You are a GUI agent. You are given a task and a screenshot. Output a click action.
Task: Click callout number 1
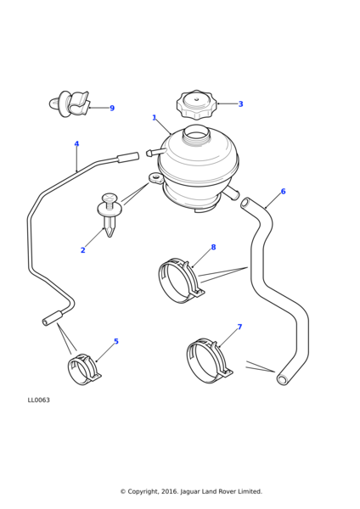pos(154,118)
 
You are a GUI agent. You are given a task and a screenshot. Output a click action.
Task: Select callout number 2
pos(82,250)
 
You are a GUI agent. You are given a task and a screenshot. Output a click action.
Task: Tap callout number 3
pos(240,104)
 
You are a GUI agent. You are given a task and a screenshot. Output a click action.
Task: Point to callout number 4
pos(76,144)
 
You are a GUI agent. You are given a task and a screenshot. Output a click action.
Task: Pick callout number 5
pos(116,342)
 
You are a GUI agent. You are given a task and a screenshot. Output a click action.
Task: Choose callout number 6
pos(283,192)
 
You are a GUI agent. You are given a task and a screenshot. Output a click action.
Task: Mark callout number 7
pos(239,327)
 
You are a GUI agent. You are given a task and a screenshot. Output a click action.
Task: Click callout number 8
pos(213,248)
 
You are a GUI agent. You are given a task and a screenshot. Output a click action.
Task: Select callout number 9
pos(112,109)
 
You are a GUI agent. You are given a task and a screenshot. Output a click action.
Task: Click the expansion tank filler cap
pos(196,103)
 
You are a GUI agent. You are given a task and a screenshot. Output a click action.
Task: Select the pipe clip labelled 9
pos(70,104)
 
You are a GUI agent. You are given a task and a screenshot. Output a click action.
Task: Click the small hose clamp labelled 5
pos(82,369)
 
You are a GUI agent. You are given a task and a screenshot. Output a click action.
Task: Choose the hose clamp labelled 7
pos(207,360)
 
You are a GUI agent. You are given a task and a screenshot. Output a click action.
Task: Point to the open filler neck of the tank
pos(196,132)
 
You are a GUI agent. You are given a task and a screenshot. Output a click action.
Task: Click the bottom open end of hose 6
pos(282,379)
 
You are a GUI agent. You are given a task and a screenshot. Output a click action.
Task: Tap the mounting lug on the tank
pos(156,178)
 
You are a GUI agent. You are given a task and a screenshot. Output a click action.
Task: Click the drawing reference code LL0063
pos(39,400)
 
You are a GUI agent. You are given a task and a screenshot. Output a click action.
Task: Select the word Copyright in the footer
pos(147,492)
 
